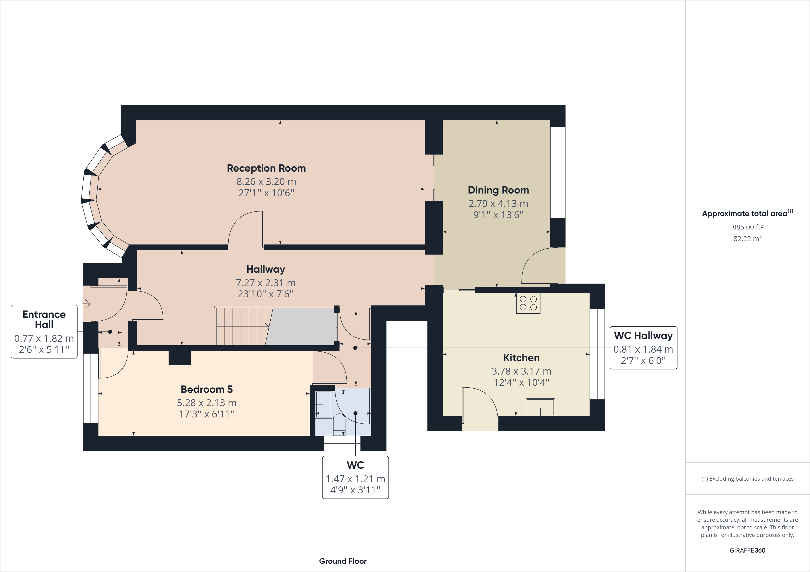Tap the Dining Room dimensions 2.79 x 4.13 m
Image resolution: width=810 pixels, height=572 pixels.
point(498,203)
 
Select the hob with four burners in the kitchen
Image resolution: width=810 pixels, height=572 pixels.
point(528,303)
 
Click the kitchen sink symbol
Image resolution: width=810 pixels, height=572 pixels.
point(540,407)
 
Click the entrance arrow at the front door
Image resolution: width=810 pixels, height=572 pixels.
point(87,304)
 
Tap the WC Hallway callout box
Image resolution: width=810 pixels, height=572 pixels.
point(643,348)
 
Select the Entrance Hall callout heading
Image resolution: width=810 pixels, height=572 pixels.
point(44,319)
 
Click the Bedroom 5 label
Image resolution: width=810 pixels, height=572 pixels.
point(206,389)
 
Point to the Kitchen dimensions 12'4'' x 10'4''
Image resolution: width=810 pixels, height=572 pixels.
point(521,382)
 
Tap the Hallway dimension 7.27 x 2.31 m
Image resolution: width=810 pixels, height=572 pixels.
point(265,283)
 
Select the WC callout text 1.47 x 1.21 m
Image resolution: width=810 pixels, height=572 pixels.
point(355,479)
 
